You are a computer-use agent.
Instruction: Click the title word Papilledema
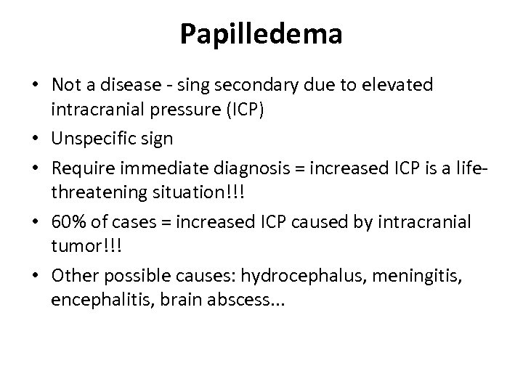pos(261,35)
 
